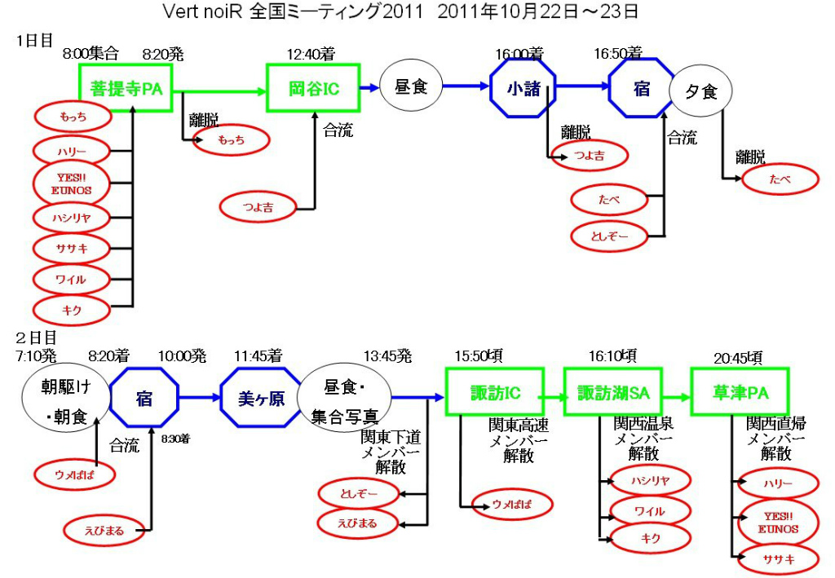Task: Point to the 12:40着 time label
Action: [x=311, y=54]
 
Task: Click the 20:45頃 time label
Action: [x=738, y=358]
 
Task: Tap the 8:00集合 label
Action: [x=91, y=53]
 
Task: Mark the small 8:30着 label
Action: [x=176, y=439]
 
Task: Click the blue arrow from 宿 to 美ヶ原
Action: [x=199, y=397]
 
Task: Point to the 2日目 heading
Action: [x=36, y=338]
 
